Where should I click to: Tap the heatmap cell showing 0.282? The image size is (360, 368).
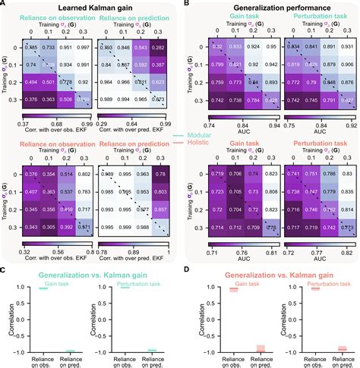coord(158,46)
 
